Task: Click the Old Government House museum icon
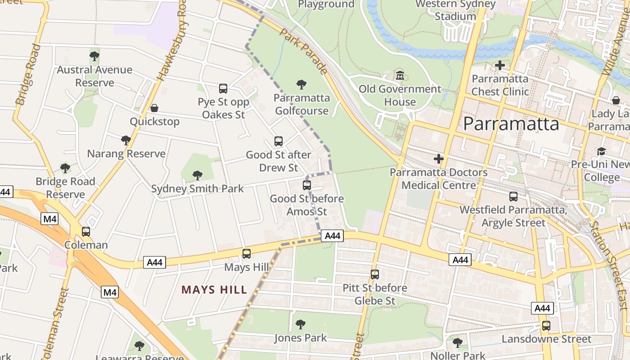tap(400, 75)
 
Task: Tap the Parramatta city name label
tap(511, 124)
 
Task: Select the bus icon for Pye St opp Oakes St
tap(223, 89)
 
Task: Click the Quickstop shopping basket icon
tap(154, 108)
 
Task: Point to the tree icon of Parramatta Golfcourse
tap(301, 84)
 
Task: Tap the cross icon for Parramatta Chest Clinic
tap(499, 65)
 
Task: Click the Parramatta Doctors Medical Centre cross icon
tap(439, 159)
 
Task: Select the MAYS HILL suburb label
tap(214, 290)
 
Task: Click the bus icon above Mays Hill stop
tap(247, 254)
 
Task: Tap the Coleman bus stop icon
tap(86, 232)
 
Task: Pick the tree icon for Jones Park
tap(300, 324)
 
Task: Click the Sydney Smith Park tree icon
tap(197, 175)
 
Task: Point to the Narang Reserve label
tap(126, 153)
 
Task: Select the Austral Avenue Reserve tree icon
tap(94, 56)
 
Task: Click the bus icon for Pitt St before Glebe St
tap(375, 274)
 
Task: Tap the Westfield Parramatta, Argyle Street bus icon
tap(513, 197)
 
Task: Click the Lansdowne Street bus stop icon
tap(546, 326)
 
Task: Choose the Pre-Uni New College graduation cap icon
tap(602, 151)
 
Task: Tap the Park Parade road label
tap(303, 51)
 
